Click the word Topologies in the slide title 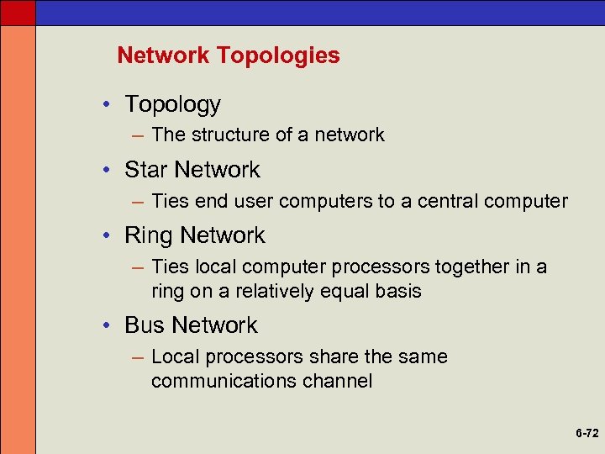pyautogui.click(x=278, y=56)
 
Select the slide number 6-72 pyautogui.click(x=587, y=434)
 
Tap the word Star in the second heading pyautogui.click(x=144, y=170)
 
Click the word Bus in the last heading pyautogui.click(x=144, y=325)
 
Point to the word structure pyautogui.click(x=227, y=135)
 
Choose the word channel pyautogui.click(x=341, y=382)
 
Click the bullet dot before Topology pyautogui.click(x=109, y=105)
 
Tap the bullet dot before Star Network pyautogui.click(x=109, y=171)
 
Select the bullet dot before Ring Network pyautogui.click(x=109, y=236)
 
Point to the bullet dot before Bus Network pyautogui.click(x=109, y=326)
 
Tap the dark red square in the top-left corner pyautogui.click(x=18, y=12)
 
